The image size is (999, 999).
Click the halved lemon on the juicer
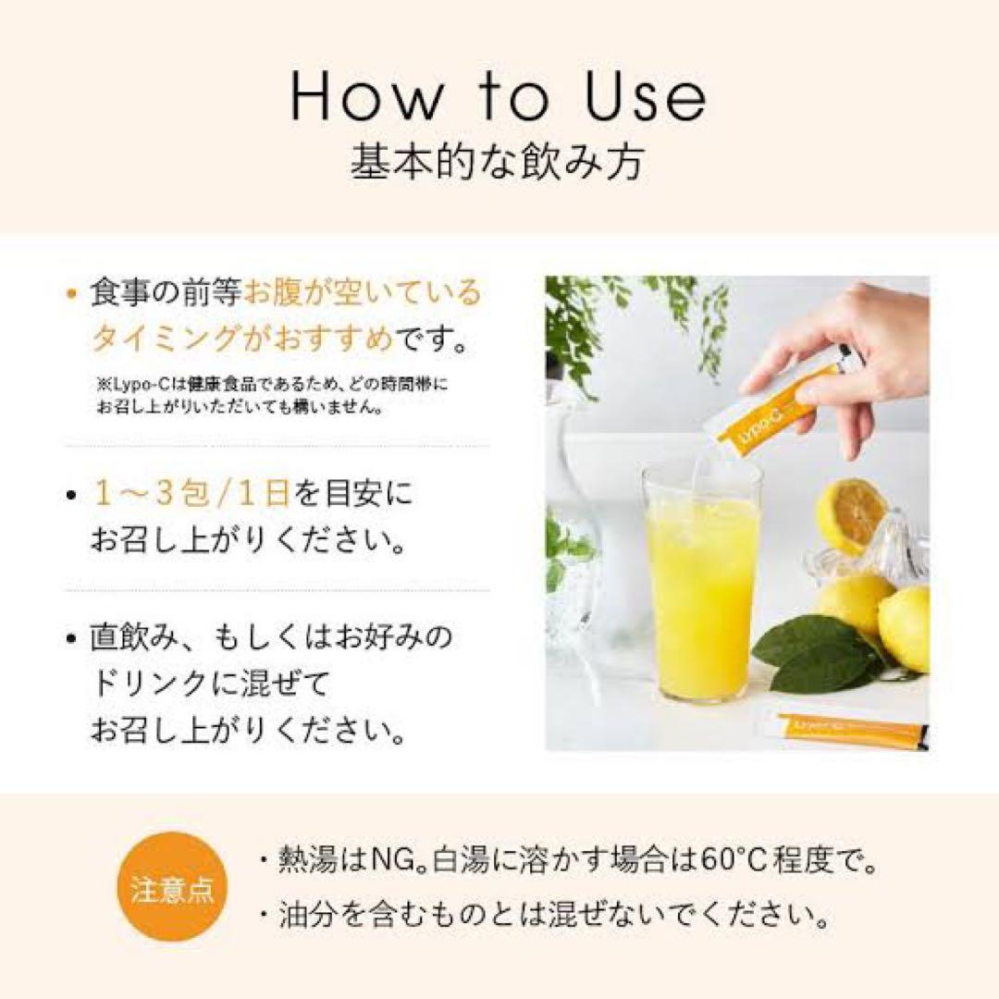pos(850,514)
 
